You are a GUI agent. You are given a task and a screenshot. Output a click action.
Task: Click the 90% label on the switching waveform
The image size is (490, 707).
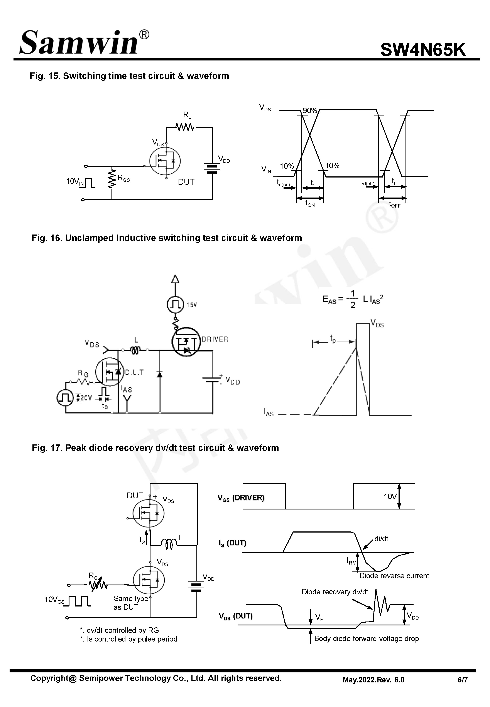coord(310,111)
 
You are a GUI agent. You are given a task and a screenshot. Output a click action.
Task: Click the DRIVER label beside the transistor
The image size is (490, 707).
coord(215,339)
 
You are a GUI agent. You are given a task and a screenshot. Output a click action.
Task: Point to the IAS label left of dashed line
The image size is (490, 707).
coord(269,412)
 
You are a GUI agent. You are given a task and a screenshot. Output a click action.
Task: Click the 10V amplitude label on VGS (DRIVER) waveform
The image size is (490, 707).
coord(390,496)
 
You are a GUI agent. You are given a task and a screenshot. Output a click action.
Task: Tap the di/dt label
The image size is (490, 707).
coord(381,539)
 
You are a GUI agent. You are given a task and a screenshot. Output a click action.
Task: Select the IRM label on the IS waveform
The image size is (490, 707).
coord(351,561)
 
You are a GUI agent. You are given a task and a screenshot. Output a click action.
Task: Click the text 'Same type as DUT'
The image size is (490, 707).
coord(130,603)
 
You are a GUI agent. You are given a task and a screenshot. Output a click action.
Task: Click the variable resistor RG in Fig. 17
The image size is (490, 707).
coord(98,585)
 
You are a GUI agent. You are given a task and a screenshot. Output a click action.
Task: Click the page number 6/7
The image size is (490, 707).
coord(462,680)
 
